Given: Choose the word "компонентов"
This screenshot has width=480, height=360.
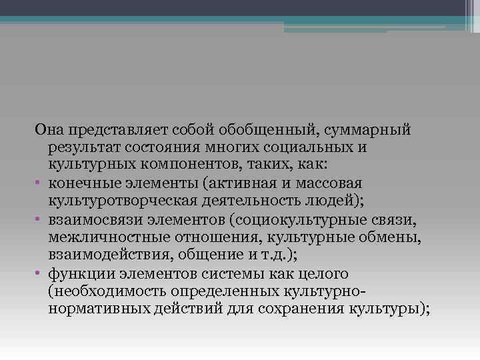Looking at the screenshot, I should click(x=170, y=164).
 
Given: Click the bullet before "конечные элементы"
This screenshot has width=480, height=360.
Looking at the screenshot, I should click(x=39, y=182).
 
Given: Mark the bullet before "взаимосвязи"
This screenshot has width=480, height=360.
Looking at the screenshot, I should click(x=39, y=219).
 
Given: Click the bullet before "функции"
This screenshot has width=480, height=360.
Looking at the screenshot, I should click(x=39, y=273).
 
